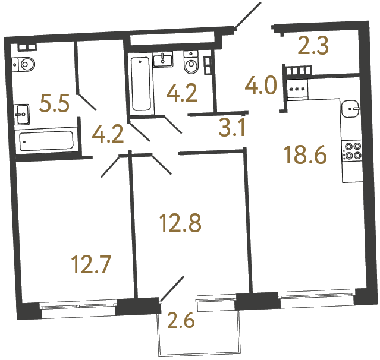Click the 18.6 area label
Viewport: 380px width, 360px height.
point(306,156)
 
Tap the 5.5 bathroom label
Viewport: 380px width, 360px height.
point(54,105)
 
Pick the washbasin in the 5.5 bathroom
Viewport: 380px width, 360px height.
point(22,110)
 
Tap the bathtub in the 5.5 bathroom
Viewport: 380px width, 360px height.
point(46,141)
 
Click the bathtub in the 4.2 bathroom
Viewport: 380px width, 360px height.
point(141,83)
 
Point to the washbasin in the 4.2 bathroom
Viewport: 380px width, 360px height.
point(162,59)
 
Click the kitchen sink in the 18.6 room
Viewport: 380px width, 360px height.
point(351,108)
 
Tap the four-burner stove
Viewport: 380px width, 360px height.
point(351,150)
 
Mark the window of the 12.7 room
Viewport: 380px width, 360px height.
point(77,306)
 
